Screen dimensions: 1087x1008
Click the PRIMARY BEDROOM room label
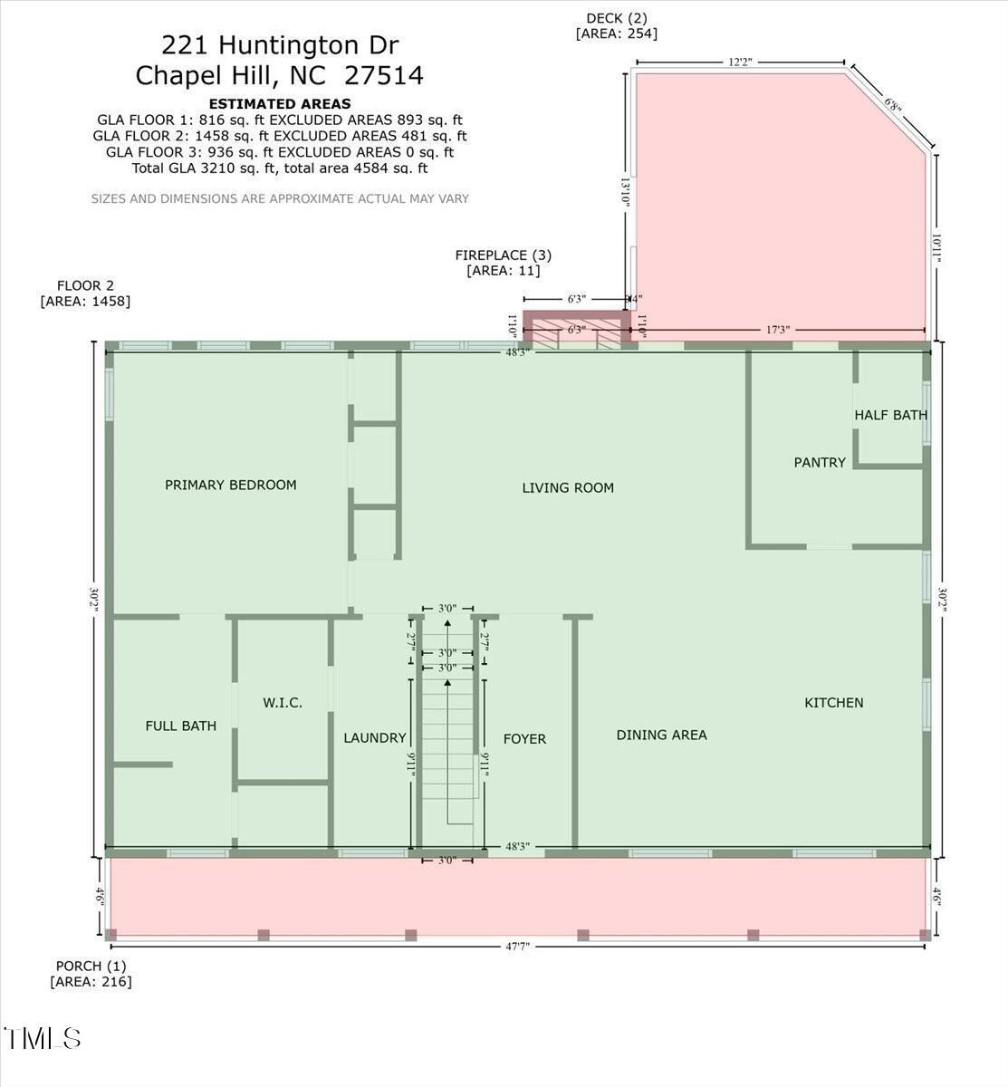230,485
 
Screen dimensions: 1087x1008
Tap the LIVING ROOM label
568,487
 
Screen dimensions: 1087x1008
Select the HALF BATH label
890,415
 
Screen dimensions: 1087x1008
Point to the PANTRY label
820,462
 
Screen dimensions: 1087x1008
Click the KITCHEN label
833,702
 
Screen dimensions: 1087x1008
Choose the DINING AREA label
661,735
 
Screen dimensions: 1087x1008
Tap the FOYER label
524,739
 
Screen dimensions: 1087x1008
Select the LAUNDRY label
374,738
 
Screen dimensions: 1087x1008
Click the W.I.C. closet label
283,703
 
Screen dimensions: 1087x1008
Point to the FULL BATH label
181,726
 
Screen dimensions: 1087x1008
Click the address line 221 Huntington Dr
279,44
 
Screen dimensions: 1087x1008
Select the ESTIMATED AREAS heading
279,103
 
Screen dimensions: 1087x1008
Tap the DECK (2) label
616,18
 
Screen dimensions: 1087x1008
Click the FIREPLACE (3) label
503,255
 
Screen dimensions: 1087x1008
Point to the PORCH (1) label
91,966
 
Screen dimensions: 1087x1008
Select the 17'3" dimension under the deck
776,331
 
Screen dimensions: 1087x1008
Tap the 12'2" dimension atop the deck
740,63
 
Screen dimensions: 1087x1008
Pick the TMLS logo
43,1038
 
